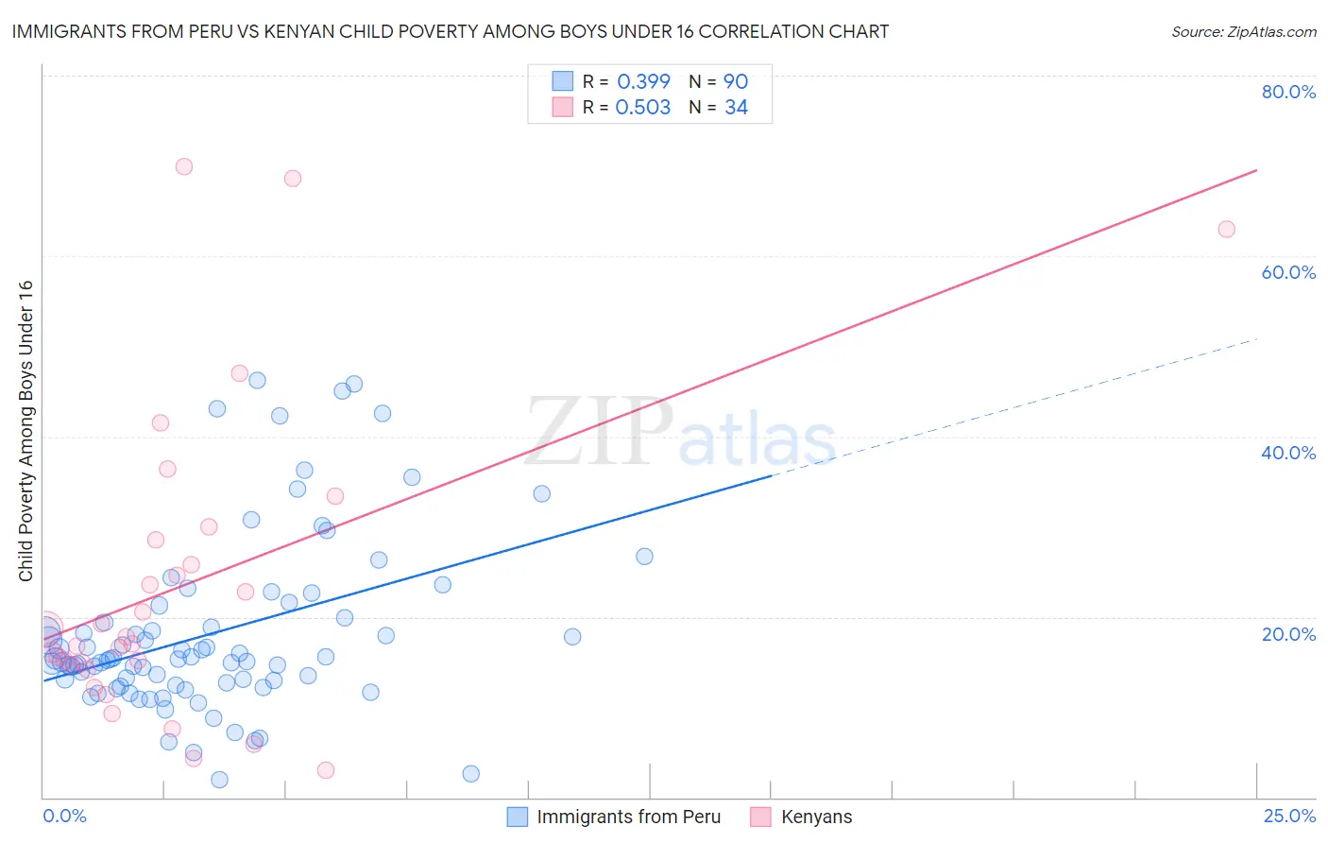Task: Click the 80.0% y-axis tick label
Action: point(1288,92)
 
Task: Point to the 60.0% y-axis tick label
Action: point(1288,272)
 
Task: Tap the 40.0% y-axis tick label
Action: point(1288,453)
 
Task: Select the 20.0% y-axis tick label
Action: point(1288,633)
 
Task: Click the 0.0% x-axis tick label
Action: point(64,816)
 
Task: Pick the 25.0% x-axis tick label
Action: point(1289,816)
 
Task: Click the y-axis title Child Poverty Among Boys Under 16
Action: point(26,431)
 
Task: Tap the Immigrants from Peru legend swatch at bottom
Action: point(518,817)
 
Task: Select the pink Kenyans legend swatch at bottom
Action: point(760,817)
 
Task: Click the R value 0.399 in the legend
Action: point(643,81)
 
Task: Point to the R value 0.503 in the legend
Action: point(643,108)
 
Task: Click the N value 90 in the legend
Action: point(736,81)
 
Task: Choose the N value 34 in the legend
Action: point(736,108)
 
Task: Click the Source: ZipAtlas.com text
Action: point(1243,32)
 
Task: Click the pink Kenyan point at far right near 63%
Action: point(1226,229)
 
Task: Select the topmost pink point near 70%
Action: point(184,166)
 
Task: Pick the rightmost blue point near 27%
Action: point(644,556)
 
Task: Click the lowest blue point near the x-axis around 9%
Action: point(470,773)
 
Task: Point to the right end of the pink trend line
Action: point(1256,170)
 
